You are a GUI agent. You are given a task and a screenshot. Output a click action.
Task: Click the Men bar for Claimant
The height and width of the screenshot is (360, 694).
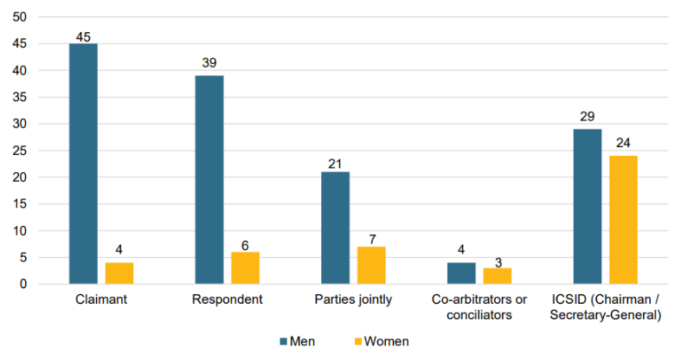coord(83,164)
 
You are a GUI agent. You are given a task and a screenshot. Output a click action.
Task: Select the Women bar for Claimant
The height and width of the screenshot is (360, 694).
coord(119,273)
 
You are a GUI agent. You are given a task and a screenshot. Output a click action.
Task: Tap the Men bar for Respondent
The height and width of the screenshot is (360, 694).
coord(209,180)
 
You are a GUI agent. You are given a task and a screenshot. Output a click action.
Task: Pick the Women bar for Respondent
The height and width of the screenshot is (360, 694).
coord(245,268)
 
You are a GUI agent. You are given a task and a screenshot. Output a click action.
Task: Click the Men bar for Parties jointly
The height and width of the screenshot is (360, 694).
coord(335,228)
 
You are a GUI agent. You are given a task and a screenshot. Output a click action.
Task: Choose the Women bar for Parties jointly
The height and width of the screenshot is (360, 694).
coord(371,266)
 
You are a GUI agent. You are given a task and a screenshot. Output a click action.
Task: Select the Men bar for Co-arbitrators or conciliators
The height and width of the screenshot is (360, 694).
coord(461,273)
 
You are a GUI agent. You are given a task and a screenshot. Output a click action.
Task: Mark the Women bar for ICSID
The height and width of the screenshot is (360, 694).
coord(623,220)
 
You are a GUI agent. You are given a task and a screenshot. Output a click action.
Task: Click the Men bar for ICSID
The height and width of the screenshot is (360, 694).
coord(587,207)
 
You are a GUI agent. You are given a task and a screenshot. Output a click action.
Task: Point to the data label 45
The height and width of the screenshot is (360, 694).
coord(83,35)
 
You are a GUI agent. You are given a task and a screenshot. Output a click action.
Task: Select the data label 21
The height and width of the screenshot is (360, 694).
coord(335,164)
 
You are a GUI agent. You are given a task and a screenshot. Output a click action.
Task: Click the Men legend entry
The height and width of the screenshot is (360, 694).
coord(298,342)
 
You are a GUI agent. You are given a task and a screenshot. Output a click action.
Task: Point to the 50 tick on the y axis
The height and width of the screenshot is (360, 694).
coord(20,17)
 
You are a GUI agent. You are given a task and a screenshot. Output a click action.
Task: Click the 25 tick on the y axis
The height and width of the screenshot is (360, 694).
coord(20,151)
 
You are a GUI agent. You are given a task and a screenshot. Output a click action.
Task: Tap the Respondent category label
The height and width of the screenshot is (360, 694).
coord(227,299)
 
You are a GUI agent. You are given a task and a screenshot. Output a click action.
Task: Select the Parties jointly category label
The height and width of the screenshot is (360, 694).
coord(353,299)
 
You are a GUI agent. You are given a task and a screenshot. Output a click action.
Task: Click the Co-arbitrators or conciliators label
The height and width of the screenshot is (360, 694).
coord(479,307)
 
